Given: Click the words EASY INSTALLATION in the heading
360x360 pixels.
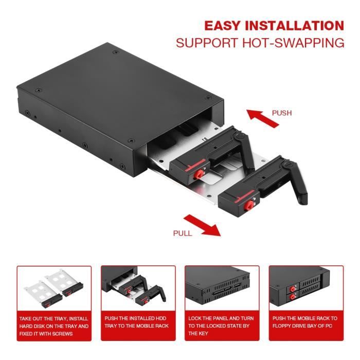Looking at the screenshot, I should click(274, 26).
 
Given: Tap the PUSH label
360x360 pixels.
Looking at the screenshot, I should click(281, 113).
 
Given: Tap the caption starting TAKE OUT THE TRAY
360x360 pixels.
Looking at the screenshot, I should click(54, 326).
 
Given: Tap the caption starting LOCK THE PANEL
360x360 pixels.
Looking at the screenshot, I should click(222, 326).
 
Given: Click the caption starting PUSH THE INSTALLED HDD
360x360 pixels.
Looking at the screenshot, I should click(138, 322).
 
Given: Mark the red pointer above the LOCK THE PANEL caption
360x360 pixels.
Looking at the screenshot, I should click(222, 311).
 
